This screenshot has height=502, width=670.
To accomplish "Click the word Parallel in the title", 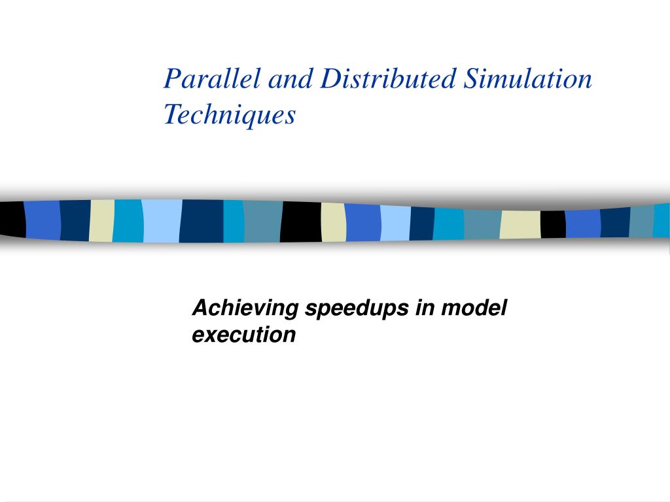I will pos(203,80).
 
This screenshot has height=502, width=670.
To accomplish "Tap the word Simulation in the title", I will pos(527,80).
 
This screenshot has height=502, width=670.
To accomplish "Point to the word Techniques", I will pos(229,115).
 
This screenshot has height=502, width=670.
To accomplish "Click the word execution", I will pos(243,335).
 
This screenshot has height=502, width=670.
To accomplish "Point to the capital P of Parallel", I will pos(171,80).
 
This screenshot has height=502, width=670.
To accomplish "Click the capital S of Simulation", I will pos(470,80).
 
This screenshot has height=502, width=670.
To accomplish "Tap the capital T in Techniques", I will pos(171,115).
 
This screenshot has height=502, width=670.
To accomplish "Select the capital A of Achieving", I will pos(200,308).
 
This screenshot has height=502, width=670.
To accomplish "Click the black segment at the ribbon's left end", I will pos(12,219).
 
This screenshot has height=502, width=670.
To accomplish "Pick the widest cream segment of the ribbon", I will pos(520,224).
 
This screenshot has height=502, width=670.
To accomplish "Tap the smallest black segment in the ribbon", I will pos(553,224).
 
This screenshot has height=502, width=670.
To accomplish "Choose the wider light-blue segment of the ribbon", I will pos(161,221).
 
